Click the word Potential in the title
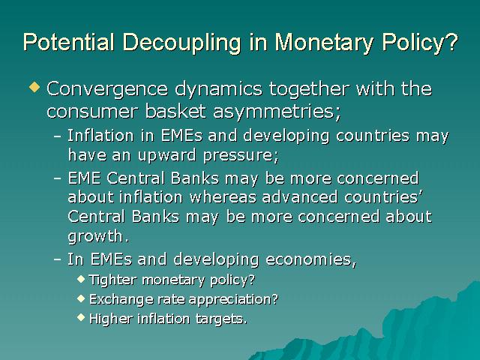(x=68, y=42)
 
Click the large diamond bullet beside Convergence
(x=34, y=86)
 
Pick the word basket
(x=175, y=110)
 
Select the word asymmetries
(x=277, y=112)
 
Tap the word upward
(x=166, y=155)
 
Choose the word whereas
(x=223, y=196)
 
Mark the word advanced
(x=300, y=196)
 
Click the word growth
(x=98, y=237)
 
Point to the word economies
(x=310, y=259)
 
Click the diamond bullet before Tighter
(x=81, y=278)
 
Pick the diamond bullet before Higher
(x=81, y=316)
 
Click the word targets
(x=221, y=319)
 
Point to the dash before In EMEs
(x=57, y=259)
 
